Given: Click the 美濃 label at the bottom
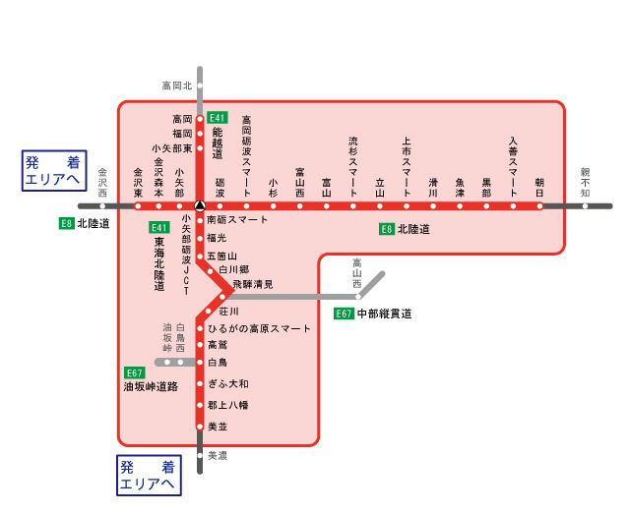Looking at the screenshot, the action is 218,456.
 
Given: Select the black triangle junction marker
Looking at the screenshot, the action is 200,206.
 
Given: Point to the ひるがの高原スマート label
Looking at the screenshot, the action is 259,328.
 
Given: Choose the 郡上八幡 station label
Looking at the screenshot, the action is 227,405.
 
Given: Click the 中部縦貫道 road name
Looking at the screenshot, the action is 384,314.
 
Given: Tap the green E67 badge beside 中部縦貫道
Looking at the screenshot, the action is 344,314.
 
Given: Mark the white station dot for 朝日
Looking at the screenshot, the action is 539,206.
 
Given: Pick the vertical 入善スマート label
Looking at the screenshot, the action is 513,156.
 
